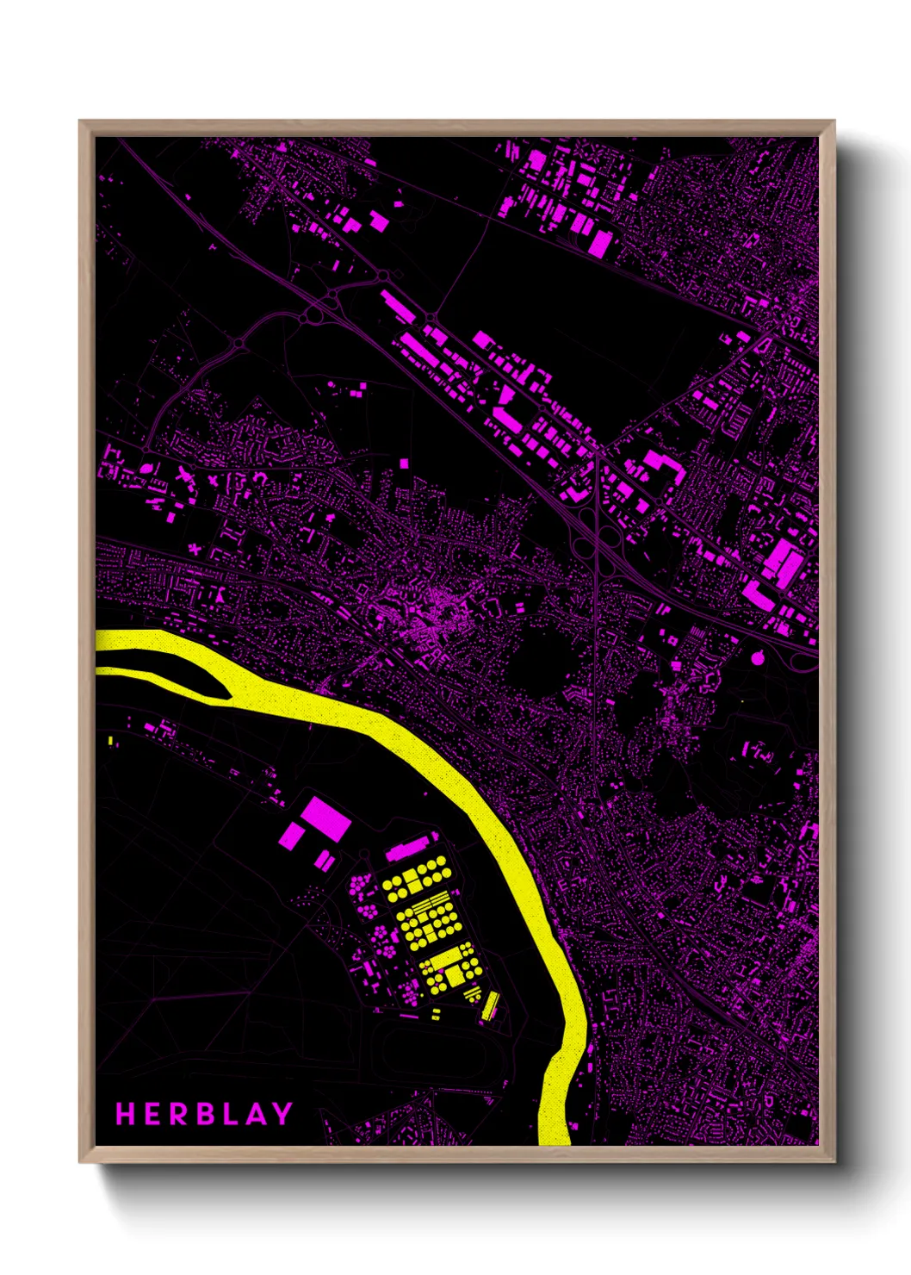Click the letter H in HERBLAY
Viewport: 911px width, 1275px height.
click(x=126, y=1114)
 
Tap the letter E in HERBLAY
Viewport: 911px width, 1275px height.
click(x=152, y=1114)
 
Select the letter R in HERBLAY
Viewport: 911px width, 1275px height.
click(x=177, y=1114)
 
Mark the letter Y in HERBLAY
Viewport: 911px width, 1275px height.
click(x=282, y=1114)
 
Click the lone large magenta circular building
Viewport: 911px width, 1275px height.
click(x=758, y=659)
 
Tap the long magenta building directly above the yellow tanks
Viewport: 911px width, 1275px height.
click(x=407, y=849)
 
